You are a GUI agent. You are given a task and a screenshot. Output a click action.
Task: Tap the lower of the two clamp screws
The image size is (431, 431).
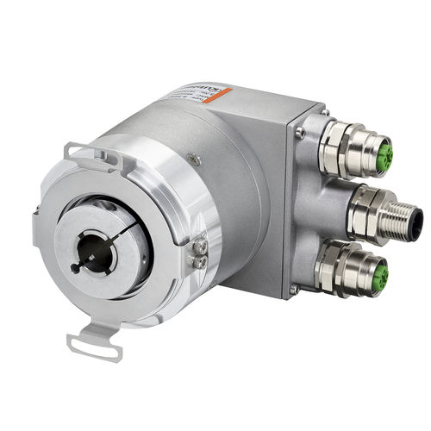tap(201, 261)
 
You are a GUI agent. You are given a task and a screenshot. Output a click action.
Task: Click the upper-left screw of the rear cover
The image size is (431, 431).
tap(299, 133)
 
